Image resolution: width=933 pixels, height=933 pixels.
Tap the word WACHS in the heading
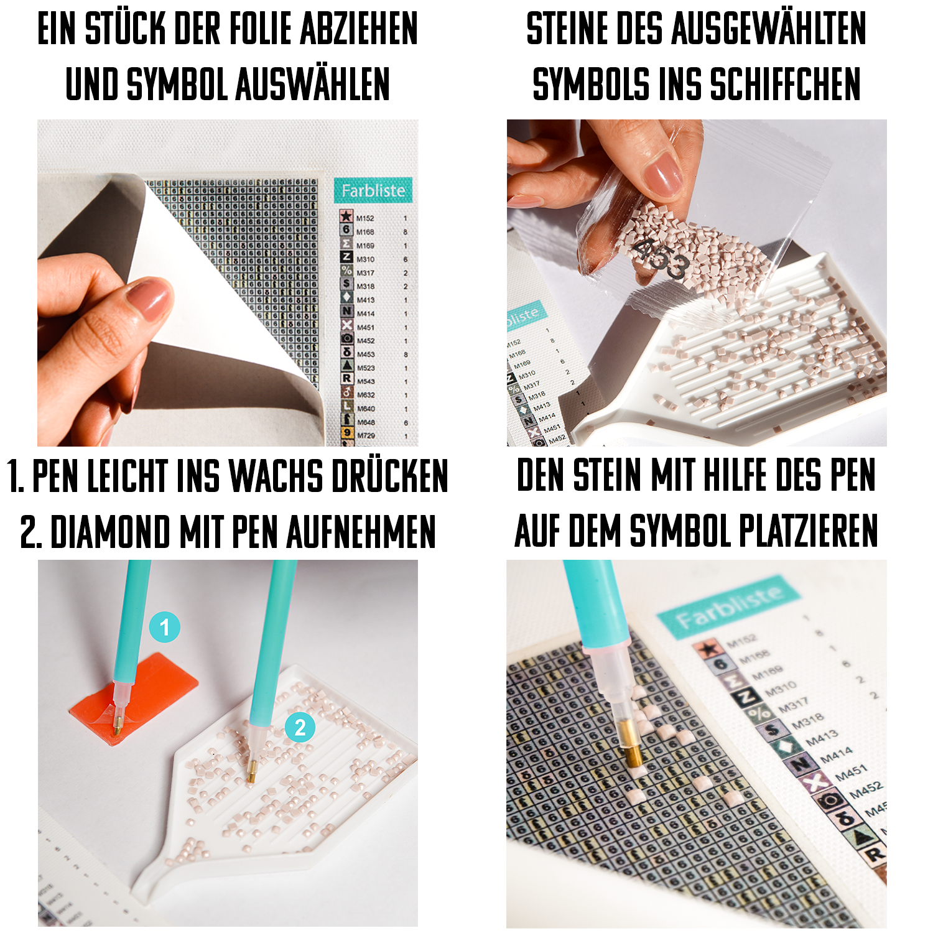[276, 477]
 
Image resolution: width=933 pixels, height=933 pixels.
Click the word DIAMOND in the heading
[110, 533]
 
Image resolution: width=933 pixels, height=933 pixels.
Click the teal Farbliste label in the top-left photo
[373, 190]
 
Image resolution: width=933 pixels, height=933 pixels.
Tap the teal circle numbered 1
[164, 627]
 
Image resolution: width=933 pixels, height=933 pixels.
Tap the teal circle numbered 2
[300, 727]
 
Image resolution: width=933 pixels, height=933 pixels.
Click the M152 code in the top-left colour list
[365, 218]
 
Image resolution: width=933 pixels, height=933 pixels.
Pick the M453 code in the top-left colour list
[366, 355]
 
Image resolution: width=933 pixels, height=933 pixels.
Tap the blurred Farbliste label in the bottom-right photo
[728, 610]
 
